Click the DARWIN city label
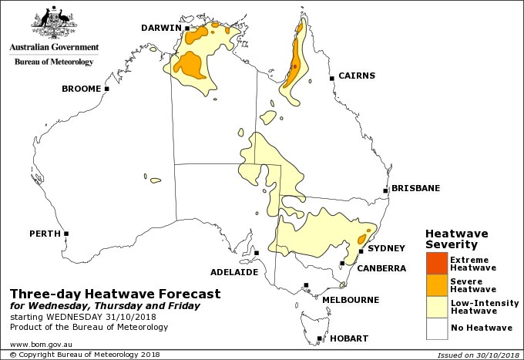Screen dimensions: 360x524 pos(160,29)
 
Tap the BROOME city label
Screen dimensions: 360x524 pos(81,89)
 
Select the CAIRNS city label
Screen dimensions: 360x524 pos(357,76)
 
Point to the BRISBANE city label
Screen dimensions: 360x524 pos(415,188)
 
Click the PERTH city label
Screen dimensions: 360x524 pos(44,233)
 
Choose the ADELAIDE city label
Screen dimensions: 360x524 pos(233,272)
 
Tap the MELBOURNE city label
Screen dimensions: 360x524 pos(350,299)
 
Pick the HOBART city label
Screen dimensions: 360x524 pos(348,338)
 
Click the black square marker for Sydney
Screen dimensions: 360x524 pos(361,251)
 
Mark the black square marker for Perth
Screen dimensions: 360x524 pos(66,234)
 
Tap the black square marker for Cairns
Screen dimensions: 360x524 pos(331,78)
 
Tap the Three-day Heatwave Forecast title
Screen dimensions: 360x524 pos(115,294)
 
